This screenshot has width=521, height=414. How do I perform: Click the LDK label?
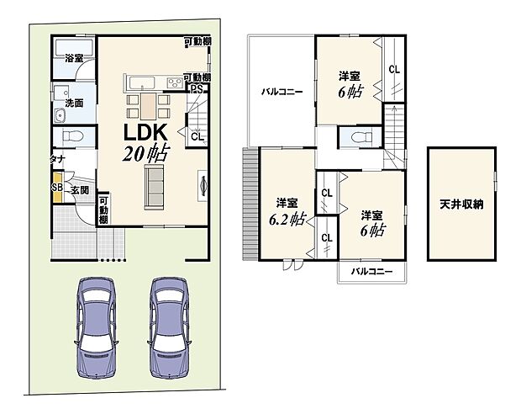(148, 132)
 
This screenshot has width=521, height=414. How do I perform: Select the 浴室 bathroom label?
(74, 58)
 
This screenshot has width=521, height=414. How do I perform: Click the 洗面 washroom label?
(73, 103)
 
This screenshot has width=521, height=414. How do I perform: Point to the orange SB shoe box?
(56, 187)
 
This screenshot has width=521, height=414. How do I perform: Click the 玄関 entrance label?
(79, 191)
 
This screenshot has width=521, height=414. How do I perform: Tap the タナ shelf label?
(58, 158)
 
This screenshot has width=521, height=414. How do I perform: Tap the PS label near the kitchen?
(196, 88)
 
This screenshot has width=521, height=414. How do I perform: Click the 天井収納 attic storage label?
(460, 204)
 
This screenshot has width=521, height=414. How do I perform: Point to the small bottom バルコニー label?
(371, 272)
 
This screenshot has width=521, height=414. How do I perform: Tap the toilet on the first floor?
(67, 138)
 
